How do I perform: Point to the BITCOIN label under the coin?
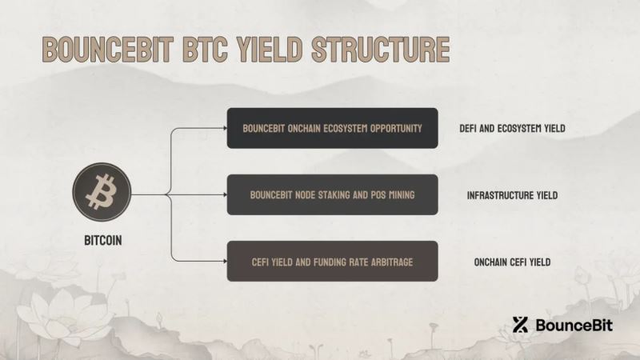[x=103, y=240]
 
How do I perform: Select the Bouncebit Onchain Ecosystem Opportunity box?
[x=332, y=128]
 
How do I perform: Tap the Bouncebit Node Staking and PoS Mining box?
[x=332, y=194]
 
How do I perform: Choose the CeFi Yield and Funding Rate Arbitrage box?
[x=332, y=261]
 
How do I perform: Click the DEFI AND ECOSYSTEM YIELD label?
[x=518, y=128]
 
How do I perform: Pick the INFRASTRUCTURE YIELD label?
[x=512, y=194]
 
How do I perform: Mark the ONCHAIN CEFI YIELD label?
[x=512, y=262]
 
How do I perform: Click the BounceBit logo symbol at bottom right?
[x=521, y=325]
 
